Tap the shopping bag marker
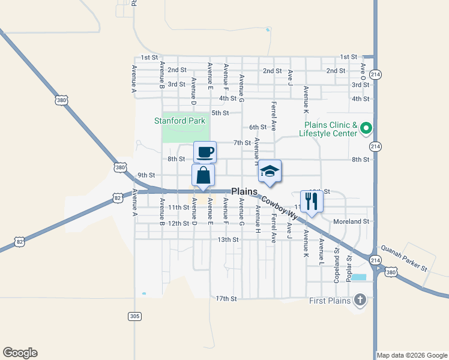pos(203,175)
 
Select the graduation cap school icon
pos(270,171)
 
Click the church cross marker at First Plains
pos(360,300)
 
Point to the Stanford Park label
pos(179,121)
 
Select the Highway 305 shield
pos(135,316)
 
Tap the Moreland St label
pos(351,221)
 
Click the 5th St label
pos(220,113)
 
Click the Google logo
pos(20,353)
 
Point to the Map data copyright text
pos(412,355)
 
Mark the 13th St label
pos(228,239)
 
